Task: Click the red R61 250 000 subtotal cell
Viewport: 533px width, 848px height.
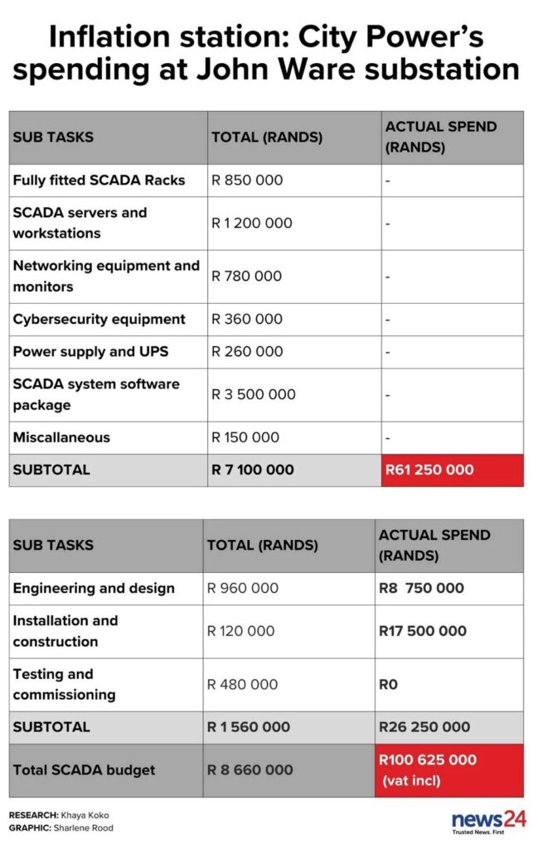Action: [453, 470]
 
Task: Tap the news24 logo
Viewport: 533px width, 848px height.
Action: [488, 821]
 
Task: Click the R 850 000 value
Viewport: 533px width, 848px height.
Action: [247, 180]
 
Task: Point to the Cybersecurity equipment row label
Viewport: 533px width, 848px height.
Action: [99, 319]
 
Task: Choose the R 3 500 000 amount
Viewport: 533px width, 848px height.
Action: [254, 394]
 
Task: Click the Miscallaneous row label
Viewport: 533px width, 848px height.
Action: [61, 437]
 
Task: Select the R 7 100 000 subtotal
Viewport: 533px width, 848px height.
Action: [253, 470]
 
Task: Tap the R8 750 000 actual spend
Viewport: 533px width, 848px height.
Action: [421, 588]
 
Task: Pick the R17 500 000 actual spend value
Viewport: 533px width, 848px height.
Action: [423, 631]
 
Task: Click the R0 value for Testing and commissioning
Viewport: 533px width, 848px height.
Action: [388, 684]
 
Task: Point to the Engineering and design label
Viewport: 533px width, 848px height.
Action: [94, 588]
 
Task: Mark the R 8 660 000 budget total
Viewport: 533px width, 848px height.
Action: [250, 770]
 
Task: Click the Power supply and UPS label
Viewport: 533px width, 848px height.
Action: [90, 351]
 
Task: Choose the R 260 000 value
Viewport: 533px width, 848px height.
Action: [247, 351]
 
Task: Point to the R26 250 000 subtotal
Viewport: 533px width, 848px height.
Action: [424, 727]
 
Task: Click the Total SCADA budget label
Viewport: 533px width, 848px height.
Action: [84, 770]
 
